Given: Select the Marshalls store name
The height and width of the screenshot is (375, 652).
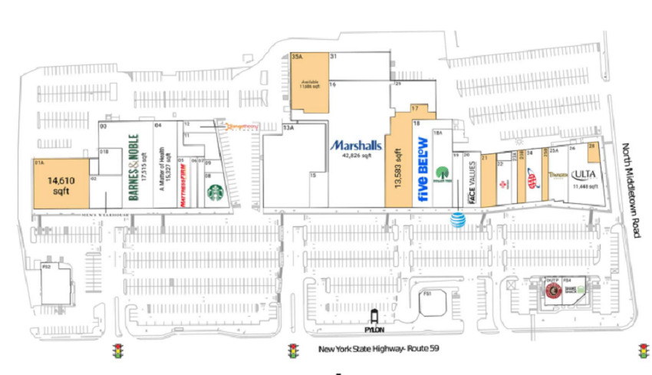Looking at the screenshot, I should coord(355,145).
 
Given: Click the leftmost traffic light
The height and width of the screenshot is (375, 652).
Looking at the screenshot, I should coord(118,351).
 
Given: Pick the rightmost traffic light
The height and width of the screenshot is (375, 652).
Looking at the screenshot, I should coord(643,351).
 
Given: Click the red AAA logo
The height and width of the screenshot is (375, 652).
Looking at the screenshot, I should coord(529,181).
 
